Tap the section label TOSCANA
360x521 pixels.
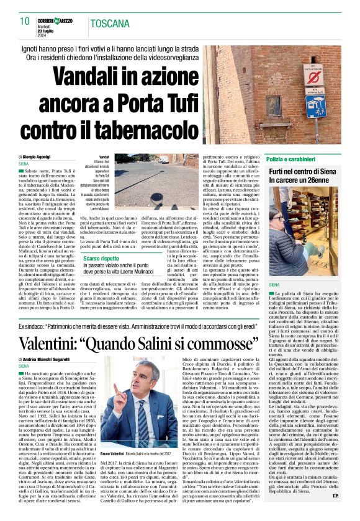[x=110, y=25]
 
